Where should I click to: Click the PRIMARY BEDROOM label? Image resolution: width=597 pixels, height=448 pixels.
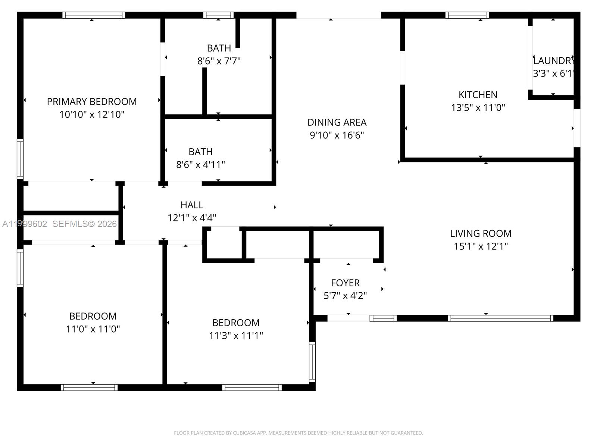[x=92, y=102]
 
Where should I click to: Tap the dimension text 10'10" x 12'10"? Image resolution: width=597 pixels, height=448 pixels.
[x=92, y=114]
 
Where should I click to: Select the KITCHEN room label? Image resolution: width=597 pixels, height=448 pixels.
[x=478, y=95]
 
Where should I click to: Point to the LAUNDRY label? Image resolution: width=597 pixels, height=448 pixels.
[x=553, y=61]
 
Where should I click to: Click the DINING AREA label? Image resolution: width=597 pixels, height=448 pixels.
[x=337, y=122]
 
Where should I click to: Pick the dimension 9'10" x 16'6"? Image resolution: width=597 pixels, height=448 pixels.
[x=337, y=135]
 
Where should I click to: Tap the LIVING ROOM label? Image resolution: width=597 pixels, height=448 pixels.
[x=481, y=234]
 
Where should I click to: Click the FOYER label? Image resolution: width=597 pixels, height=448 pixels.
[x=345, y=283]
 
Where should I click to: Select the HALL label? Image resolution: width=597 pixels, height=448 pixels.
[x=192, y=205]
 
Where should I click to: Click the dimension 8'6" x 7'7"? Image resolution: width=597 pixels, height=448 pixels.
[x=219, y=61]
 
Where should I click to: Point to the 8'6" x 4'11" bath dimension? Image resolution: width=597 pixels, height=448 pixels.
[x=200, y=165]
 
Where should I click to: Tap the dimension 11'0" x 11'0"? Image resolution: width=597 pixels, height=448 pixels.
[x=93, y=329]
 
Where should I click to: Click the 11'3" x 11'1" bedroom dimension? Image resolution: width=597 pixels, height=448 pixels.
[x=236, y=336]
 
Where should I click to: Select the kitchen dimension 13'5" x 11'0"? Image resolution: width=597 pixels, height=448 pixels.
[x=478, y=108]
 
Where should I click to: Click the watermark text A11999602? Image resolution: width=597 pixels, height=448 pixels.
[x=25, y=224]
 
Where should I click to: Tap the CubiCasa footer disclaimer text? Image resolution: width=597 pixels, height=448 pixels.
[x=298, y=433]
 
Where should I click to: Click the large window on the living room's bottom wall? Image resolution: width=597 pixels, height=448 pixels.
[x=500, y=318]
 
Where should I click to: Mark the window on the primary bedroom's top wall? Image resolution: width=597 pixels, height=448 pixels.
[x=94, y=15]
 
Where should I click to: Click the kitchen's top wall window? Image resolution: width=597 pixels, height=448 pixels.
[x=467, y=15]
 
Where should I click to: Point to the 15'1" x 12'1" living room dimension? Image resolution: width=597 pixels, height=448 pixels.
[x=481, y=246]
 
